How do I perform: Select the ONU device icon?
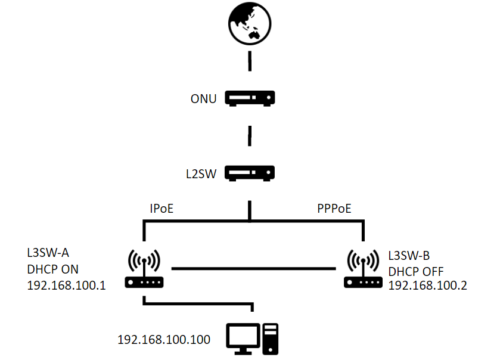[250, 98]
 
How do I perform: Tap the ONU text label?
[203, 99]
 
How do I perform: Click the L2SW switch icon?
[250, 173]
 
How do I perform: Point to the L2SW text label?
[201, 174]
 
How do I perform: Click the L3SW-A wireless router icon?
[144, 269]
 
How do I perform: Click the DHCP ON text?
[52, 269]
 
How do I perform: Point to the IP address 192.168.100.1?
[66, 285]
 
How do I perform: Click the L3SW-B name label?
[409, 256]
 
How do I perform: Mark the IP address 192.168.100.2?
[427, 285]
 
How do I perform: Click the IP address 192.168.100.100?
[164, 340]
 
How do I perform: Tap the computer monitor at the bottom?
[243, 339]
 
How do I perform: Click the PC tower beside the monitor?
[271, 339]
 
